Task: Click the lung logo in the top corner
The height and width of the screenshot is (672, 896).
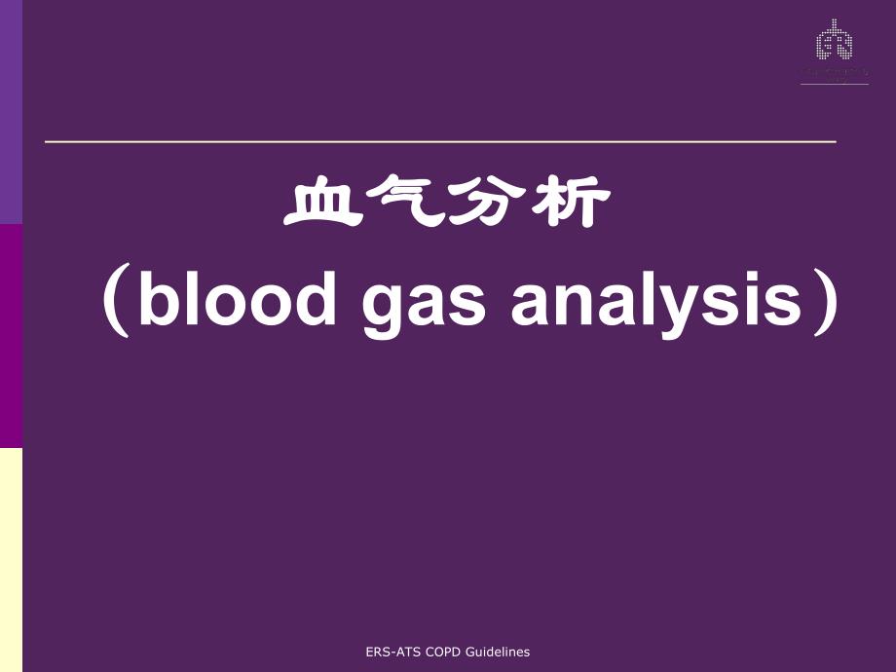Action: [x=834, y=44]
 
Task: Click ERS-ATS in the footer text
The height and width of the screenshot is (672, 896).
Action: [x=391, y=653]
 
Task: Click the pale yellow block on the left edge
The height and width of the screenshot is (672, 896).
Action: [x=11, y=559]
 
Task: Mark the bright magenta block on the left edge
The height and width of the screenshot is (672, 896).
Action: [x=11, y=336]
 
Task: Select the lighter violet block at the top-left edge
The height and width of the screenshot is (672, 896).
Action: [x=11, y=112]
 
